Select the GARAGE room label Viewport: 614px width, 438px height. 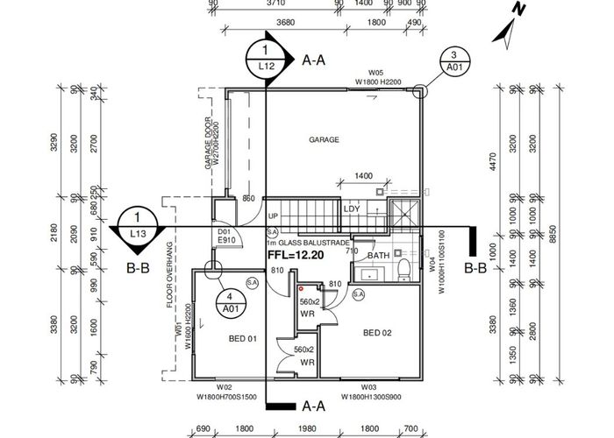coord(324,140)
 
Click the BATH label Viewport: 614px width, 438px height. coord(378,256)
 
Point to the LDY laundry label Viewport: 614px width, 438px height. coord(352,208)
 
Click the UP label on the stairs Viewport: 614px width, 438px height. coord(272,216)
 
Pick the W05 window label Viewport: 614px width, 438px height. coord(376,74)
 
